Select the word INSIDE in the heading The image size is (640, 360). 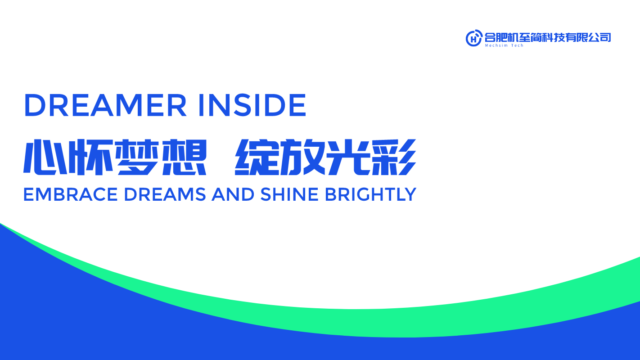coord(252,105)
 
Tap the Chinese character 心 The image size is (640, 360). coord(45,157)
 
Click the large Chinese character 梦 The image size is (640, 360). coord(137,157)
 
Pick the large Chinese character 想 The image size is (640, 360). coord(184,157)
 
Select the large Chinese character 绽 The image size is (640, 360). coord(256,157)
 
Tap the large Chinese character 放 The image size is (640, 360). coord(302,157)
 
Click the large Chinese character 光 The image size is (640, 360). coord(348,157)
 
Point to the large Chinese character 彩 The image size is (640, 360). coord(394,157)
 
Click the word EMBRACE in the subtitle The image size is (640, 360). coord(70,194)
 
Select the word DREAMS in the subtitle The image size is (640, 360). coord(165,194)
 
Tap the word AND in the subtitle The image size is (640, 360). coord(233,194)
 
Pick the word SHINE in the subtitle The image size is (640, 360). coord(289,194)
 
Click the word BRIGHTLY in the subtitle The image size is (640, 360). coord(370,194)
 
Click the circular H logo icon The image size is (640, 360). coord(474,38)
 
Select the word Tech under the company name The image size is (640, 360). coord(517,45)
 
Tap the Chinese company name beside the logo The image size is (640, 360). coord(548,37)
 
